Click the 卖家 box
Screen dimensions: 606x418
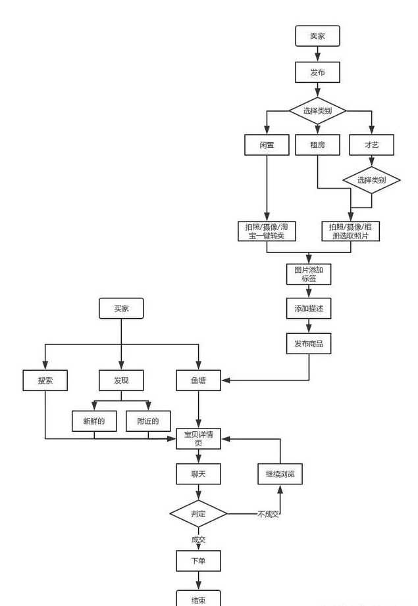(x=317, y=36)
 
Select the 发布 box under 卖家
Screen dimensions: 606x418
(x=317, y=72)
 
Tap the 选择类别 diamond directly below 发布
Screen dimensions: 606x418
(x=317, y=110)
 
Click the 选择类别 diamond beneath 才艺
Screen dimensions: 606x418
(x=371, y=179)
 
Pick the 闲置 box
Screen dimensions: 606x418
(x=267, y=145)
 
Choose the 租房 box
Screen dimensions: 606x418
(x=317, y=145)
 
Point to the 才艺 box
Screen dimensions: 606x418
(x=371, y=145)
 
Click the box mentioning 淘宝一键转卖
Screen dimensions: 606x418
(x=267, y=231)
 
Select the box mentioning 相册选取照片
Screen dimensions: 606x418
(x=350, y=231)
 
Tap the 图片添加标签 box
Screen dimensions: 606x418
(x=309, y=274)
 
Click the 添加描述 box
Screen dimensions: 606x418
(x=309, y=308)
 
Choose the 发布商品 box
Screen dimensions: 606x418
(x=309, y=343)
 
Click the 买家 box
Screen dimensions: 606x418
(x=121, y=308)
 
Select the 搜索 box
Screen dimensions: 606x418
(x=45, y=380)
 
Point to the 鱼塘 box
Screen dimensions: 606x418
(x=198, y=380)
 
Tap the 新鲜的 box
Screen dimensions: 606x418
(x=94, y=421)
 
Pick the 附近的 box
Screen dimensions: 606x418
(x=148, y=421)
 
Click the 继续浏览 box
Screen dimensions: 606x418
(x=280, y=474)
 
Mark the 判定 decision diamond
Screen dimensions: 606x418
(x=198, y=513)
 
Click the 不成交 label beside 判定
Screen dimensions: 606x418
(x=268, y=514)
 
